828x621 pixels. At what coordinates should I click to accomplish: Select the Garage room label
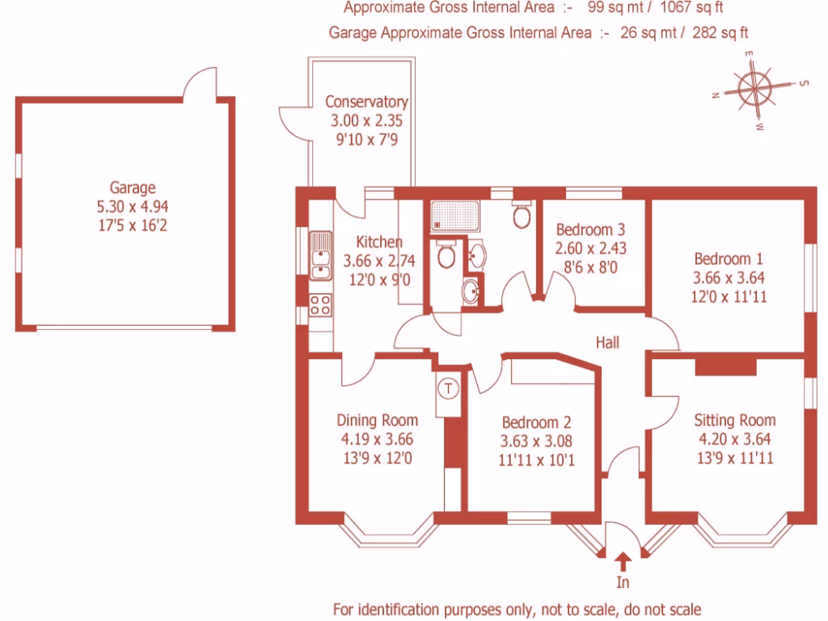[x=133, y=188]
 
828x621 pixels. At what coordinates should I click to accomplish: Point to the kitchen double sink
[x=321, y=254]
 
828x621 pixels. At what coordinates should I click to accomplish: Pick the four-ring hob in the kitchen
[x=320, y=306]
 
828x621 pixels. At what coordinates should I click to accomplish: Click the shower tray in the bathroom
[x=446, y=214]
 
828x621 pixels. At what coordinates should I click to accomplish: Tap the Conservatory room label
[x=366, y=103]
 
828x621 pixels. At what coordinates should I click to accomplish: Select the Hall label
[x=607, y=343]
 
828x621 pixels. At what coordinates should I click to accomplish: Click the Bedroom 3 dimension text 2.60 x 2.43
[x=591, y=248]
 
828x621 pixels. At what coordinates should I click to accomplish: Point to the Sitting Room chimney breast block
[x=725, y=366]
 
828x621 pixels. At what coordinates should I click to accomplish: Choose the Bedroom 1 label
[x=729, y=260]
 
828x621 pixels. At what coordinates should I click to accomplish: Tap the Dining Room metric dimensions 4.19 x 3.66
[x=377, y=440]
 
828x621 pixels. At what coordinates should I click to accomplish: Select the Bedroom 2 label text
[x=536, y=422]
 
